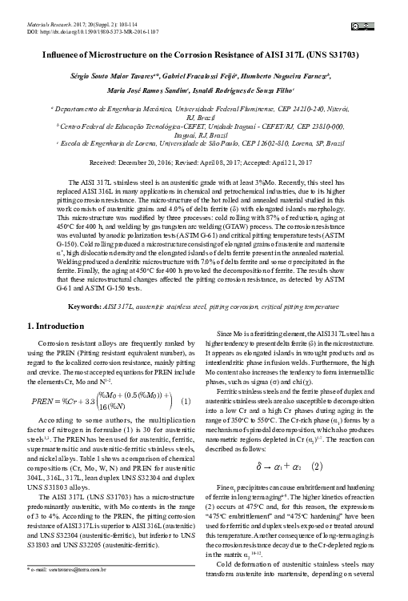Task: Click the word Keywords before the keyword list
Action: (84, 307)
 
